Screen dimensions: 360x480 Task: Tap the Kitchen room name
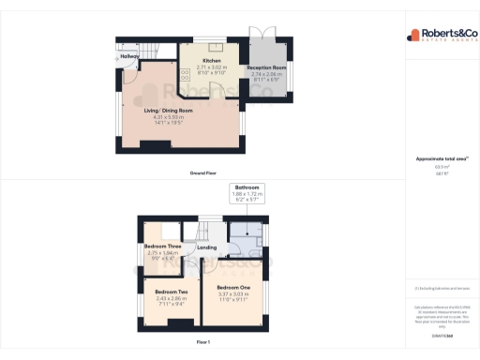pos(211,60)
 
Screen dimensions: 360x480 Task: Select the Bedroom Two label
pos(172,292)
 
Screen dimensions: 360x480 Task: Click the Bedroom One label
pos(233,287)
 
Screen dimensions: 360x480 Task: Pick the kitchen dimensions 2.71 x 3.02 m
pos(211,67)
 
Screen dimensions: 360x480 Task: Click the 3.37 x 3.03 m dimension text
pos(233,293)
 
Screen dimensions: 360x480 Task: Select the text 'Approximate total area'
pos(436,158)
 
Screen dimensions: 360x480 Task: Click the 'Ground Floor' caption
pos(203,173)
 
